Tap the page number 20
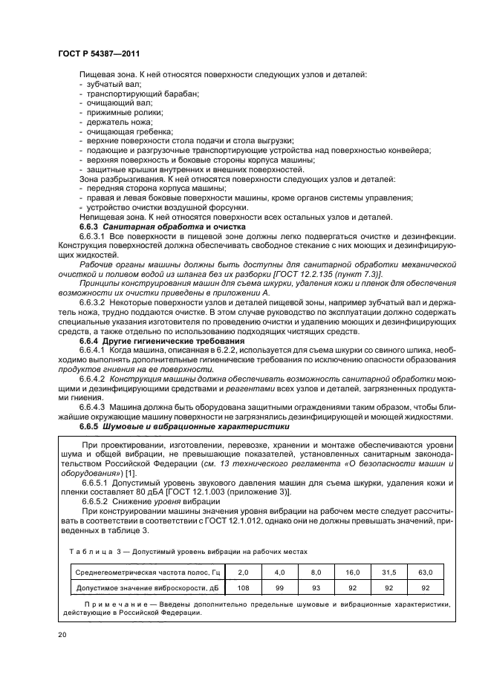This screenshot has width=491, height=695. (x=62, y=634)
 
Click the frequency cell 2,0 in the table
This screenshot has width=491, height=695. (x=243, y=572)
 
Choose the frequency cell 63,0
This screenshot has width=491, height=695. (x=446, y=572)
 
